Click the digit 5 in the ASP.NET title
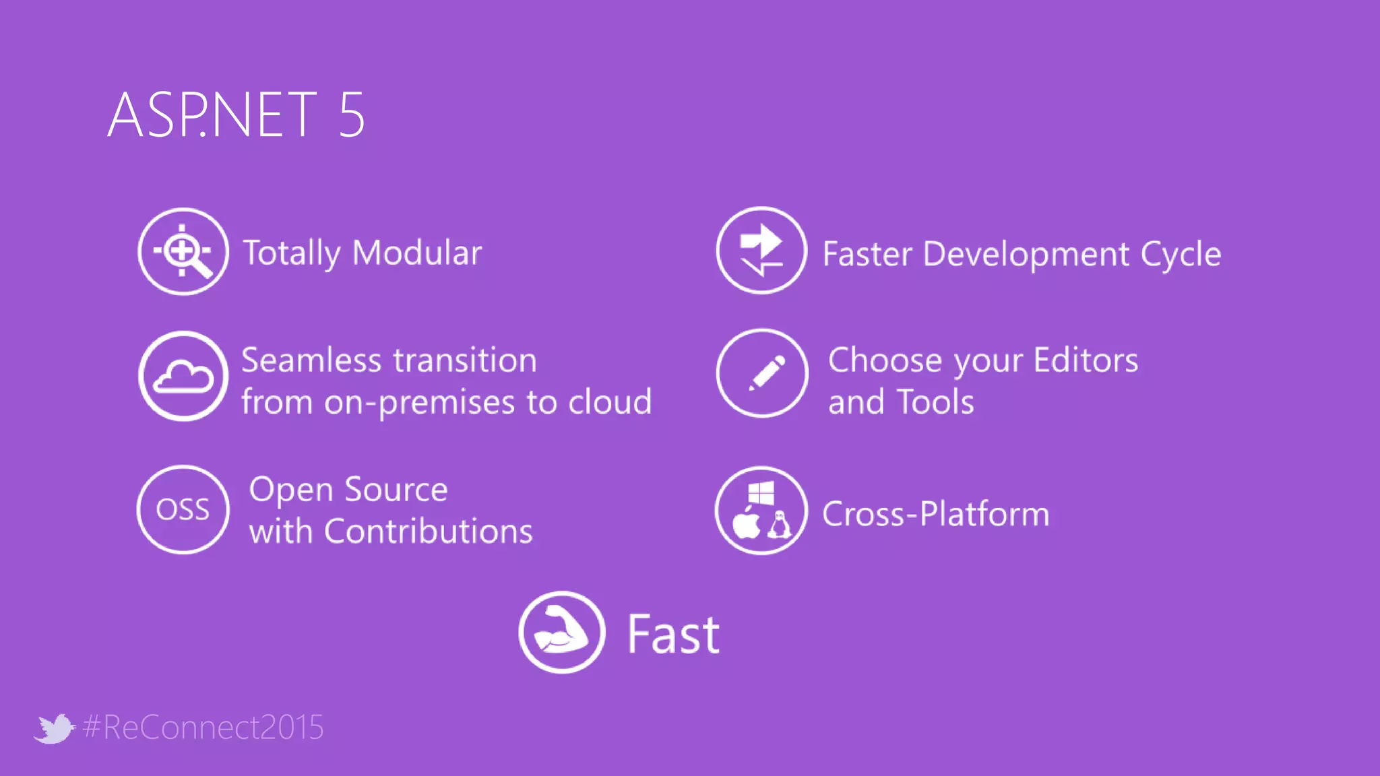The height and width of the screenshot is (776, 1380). click(351, 115)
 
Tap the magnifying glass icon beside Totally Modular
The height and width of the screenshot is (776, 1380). click(183, 252)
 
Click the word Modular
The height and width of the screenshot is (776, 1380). click(416, 253)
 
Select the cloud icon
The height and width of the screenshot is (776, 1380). click(183, 376)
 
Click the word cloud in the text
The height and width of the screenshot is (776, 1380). click(610, 402)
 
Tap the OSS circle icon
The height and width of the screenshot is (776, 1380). click(183, 509)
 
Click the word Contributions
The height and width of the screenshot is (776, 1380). click(428, 531)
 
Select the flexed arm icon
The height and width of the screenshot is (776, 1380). click(561, 632)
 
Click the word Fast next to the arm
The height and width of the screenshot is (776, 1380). click(673, 635)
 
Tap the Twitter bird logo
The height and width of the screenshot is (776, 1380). click(54, 728)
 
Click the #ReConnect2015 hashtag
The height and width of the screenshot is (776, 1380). click(203, 727)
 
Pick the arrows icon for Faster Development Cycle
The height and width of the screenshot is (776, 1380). click(761, 251)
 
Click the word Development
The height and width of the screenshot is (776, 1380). click(1026, 255)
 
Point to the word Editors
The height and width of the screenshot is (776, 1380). click(1085, 360)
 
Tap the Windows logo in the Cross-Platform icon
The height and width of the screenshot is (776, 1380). click(761, 493)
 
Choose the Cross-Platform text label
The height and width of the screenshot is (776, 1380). click(935, 515)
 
